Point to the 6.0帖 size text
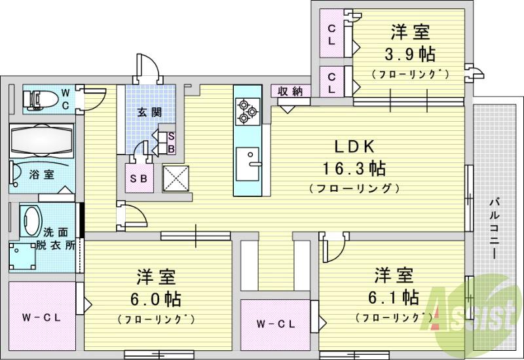click(155, 299)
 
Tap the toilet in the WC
click(39, 98)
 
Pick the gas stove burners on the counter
click(247, 111)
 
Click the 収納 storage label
click(290, 92)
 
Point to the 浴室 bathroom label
click(42, 175)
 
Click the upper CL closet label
click(332, 34)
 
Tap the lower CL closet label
click(332, 81)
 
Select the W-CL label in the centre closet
click(274, 323)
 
